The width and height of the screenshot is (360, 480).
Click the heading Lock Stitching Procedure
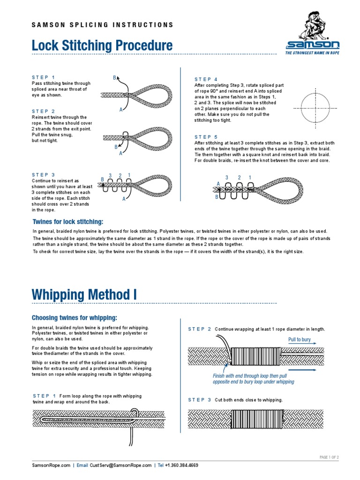click(x=102, y=46)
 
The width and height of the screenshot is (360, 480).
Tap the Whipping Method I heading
click(x=84, y=295)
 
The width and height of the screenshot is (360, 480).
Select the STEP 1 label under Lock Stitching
click(x=43, y=77)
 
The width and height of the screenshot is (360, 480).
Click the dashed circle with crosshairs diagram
click(x=313, y=108)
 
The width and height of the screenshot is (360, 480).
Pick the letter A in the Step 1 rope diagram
click(x=121, y=109)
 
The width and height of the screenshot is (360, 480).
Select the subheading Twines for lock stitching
click(x=67, y=222)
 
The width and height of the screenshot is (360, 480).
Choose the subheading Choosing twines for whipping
click(x=74, y=317)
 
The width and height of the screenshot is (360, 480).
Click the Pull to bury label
click(x=299, y=339)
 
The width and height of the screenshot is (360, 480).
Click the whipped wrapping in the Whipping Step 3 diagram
click(x=258, y=418)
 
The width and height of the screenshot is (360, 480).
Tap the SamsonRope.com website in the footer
click(x=51, y=465)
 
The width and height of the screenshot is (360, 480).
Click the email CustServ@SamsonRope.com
click(x=120, y=465)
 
